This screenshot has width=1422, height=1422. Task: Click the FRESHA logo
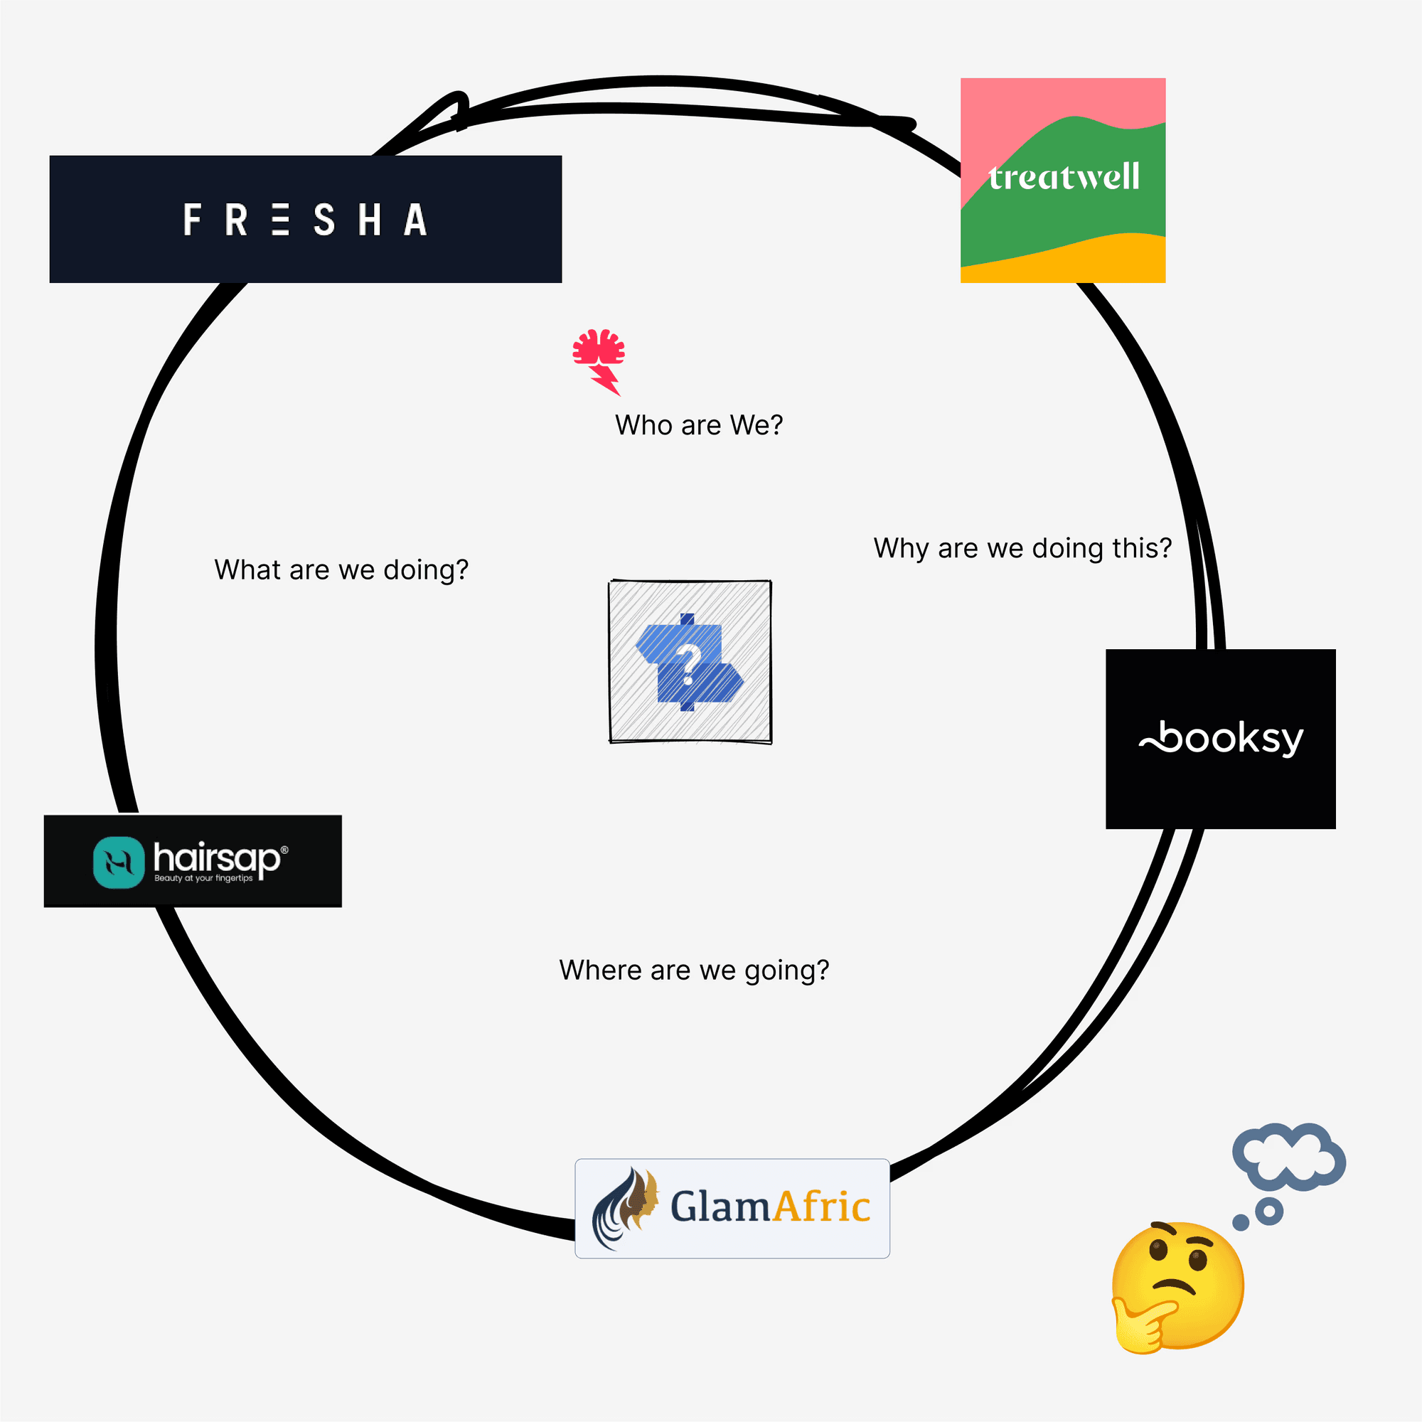pyautogui.click(x=306, y=218)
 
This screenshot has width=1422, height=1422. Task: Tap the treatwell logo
pyautogui.click(x=1063, y=180)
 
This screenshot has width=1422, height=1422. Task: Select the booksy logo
pyautogui.click(x=1220, y=738)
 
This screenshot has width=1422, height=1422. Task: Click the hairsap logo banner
pyautogui.click(x=193, y=860)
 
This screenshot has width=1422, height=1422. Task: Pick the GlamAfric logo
pyautogui.click(x=732, y=1208)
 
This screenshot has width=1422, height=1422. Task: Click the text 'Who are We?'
pyautogui.click(x=698, y=424)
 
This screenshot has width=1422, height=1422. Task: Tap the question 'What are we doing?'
pyautogui.click(x=341, y=570)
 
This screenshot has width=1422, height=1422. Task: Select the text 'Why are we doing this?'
pyautogui.click(x=1022, y=548)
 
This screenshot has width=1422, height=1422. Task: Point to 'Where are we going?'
pyautogui.click(x=694, y=970)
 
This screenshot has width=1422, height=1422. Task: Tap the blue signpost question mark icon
pyautogui.click(x=690, y=662)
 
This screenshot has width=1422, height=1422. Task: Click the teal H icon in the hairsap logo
pyautogui.click(x=119, y=862)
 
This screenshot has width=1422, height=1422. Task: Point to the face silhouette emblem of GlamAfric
pyautogui.click(x=626, y=1207)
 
